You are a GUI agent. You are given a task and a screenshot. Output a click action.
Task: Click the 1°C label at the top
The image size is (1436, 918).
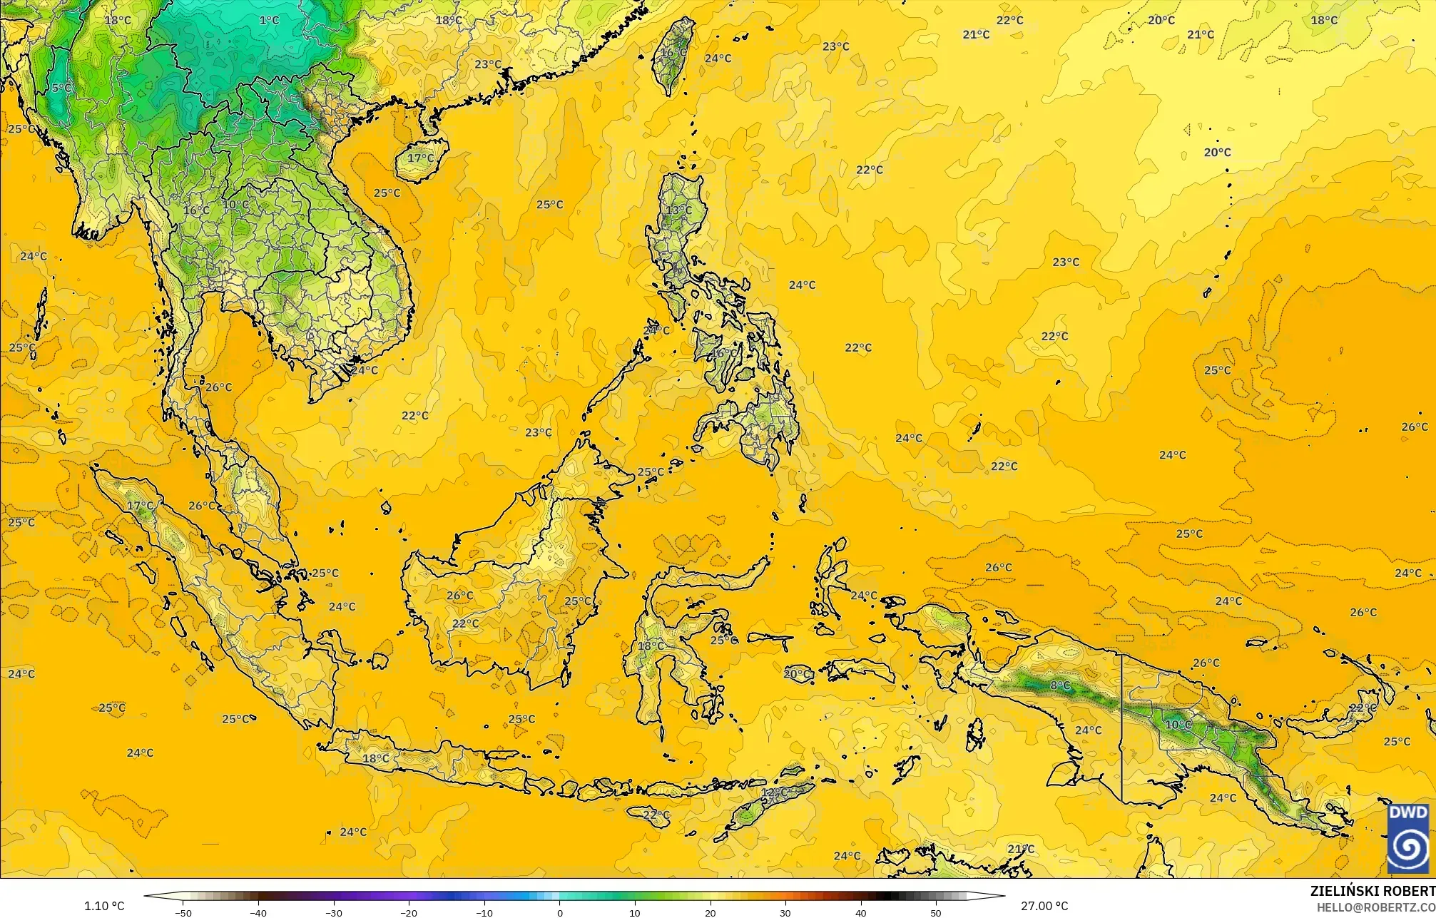(x=269, y=20)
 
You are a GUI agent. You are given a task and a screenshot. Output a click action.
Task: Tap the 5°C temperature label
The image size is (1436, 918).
(x=61, y=88)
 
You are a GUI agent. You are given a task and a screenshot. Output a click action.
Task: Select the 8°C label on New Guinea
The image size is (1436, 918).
(x=1060, y=685)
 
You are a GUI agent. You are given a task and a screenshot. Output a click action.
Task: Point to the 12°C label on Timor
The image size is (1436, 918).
(x=774, y=792)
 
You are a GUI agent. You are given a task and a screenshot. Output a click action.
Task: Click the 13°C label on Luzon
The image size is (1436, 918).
(x=678, y=210)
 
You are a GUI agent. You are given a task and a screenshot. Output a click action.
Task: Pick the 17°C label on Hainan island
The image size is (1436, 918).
(x=420, y=158)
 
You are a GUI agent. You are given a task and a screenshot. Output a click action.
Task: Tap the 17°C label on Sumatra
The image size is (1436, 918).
(x=140, y=506)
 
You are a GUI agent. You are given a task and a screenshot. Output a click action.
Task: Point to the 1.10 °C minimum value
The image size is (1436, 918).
(x=104, y=906)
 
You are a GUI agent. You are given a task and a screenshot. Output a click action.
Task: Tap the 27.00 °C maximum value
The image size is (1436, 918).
(x=1044, y=906)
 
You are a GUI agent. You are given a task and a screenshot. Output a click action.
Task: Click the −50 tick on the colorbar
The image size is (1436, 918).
(x=183, y=912)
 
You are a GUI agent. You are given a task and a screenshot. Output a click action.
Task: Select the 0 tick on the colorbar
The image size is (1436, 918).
(x=560, y=912)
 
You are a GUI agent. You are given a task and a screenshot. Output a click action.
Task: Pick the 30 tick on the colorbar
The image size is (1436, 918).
(x=785, y=912)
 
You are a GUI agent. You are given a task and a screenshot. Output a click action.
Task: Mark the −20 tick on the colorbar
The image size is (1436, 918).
(x=408, y=912)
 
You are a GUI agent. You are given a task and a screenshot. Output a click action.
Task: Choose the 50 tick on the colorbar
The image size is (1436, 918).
(x=936, y=912)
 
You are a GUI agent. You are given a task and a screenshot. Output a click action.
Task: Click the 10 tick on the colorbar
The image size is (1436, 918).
(x=635, y=912)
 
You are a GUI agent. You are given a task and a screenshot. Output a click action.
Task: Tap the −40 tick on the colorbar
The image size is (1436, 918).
(x=258, y=912)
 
